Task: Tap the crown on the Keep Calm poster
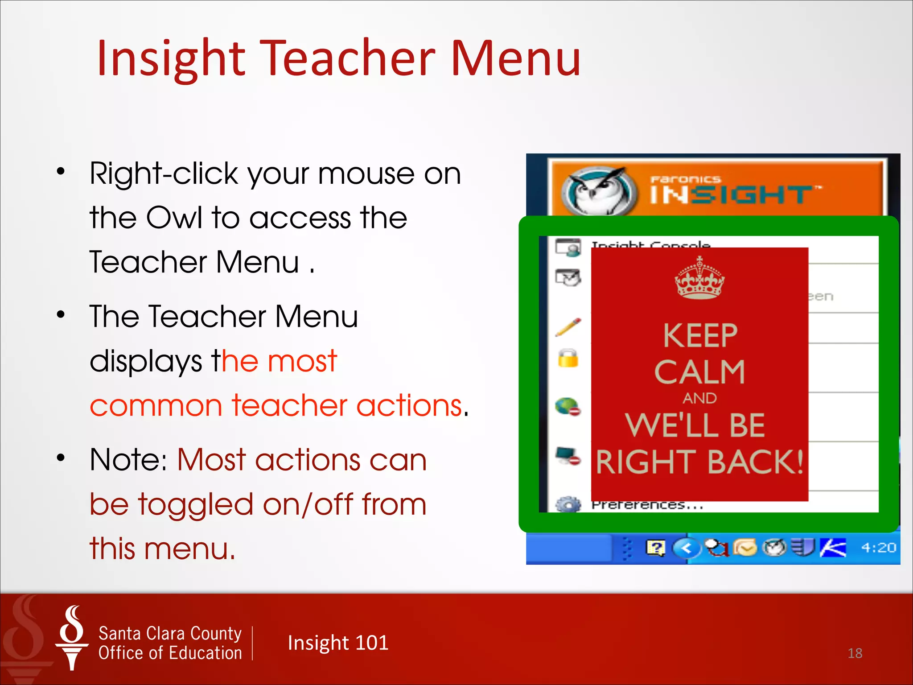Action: click(699, 278)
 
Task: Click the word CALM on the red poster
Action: click(699, 372)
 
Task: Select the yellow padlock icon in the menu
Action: click(568, 358)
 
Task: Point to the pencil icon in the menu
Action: click(568, 327)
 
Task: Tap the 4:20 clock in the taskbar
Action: click(878, 547)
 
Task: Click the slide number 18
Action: click(855, 653)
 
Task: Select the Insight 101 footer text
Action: click(338, 643)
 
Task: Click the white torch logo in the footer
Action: click(72, 638)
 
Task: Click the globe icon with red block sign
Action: click(568, 407)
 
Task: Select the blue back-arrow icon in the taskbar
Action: click(686, 548)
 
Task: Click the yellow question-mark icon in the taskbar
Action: click(655, 548)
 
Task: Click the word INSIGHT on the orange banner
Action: click(731, 195)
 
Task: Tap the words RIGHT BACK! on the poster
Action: click(699, 462)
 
